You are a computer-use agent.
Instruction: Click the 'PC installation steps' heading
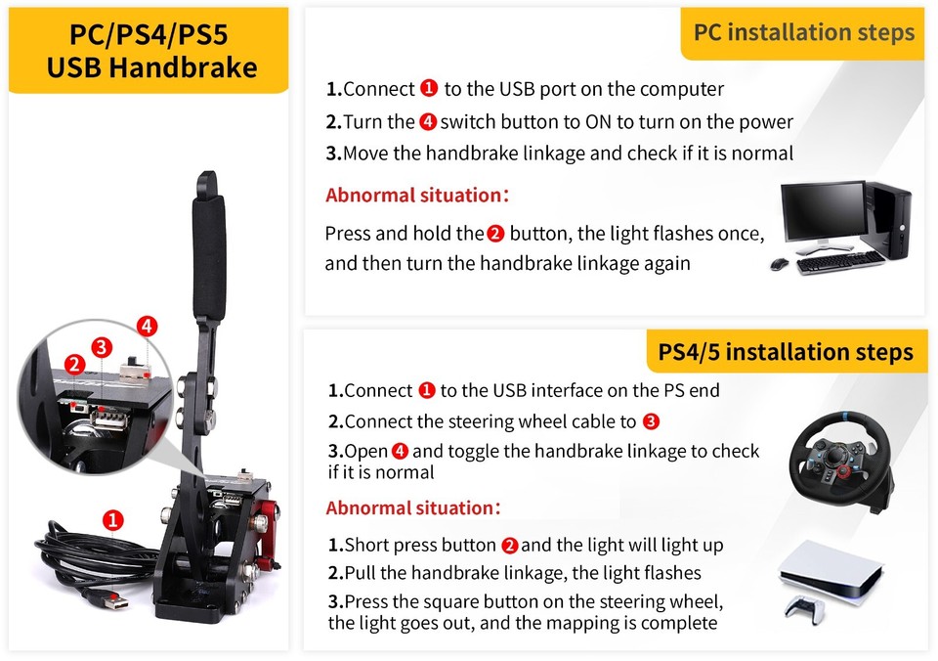(803, 32)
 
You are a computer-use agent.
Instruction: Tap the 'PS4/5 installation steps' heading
(787, 352)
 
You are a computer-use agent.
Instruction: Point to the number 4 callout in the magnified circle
(146, 327)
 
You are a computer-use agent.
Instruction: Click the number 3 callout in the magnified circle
(102, 347)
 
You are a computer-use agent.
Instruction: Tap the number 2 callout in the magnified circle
(74, 365)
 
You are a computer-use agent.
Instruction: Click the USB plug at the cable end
(108, 604)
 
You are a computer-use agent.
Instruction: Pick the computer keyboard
(839, 262)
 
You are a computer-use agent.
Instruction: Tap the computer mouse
(779, 264)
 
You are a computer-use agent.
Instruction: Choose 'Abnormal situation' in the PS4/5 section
(413, 508)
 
